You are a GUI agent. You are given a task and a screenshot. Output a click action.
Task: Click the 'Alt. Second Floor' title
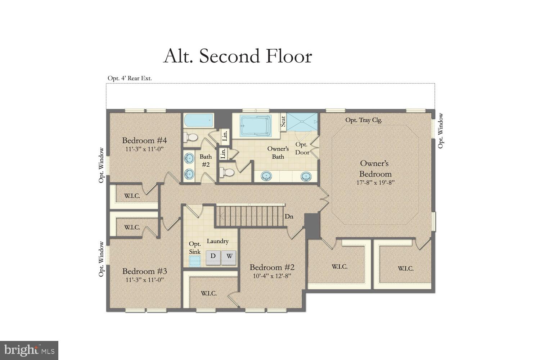click(238, 57)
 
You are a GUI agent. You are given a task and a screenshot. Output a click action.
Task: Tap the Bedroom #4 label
click(144, 140)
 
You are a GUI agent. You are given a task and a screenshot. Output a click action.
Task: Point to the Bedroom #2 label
click(272, 267)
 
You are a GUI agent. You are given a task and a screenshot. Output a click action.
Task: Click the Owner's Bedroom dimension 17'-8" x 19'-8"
click(375, 183)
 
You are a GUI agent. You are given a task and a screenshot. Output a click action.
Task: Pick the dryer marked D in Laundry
click(213, 256)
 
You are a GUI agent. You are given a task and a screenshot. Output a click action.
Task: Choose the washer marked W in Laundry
click(229, 256)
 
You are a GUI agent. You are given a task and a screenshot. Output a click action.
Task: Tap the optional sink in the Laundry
click(195, 260)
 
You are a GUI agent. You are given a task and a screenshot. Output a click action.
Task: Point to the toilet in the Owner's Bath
click(227, 172)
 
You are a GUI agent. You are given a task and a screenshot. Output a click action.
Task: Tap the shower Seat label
click(283, 121)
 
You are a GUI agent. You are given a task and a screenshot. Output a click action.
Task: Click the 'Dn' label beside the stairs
click(289, 216)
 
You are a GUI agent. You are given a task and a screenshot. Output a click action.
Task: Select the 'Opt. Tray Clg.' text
click(364, 120)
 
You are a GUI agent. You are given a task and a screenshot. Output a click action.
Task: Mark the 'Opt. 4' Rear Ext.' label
click(130, 78)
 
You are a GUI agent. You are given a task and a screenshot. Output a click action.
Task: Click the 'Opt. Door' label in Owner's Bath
click(302, 148)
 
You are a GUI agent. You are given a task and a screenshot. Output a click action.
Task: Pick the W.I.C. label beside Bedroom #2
click(209, 293)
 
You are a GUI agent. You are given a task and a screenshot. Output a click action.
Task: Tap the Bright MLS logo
click(29, 350)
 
